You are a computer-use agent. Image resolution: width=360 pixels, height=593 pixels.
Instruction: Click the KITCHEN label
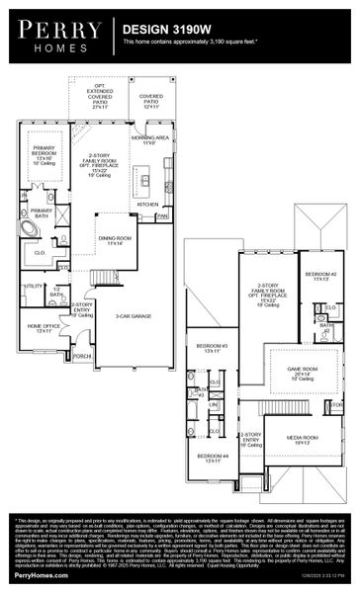coord(147,204)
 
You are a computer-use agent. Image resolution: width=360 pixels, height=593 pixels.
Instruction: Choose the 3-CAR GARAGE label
coord(132,316)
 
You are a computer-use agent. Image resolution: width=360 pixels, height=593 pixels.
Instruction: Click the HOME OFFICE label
coord(44,328)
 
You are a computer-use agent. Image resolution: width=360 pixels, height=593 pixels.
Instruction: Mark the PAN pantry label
coord(162,214)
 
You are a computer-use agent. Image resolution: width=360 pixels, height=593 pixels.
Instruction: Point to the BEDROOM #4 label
coord(212,458)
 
